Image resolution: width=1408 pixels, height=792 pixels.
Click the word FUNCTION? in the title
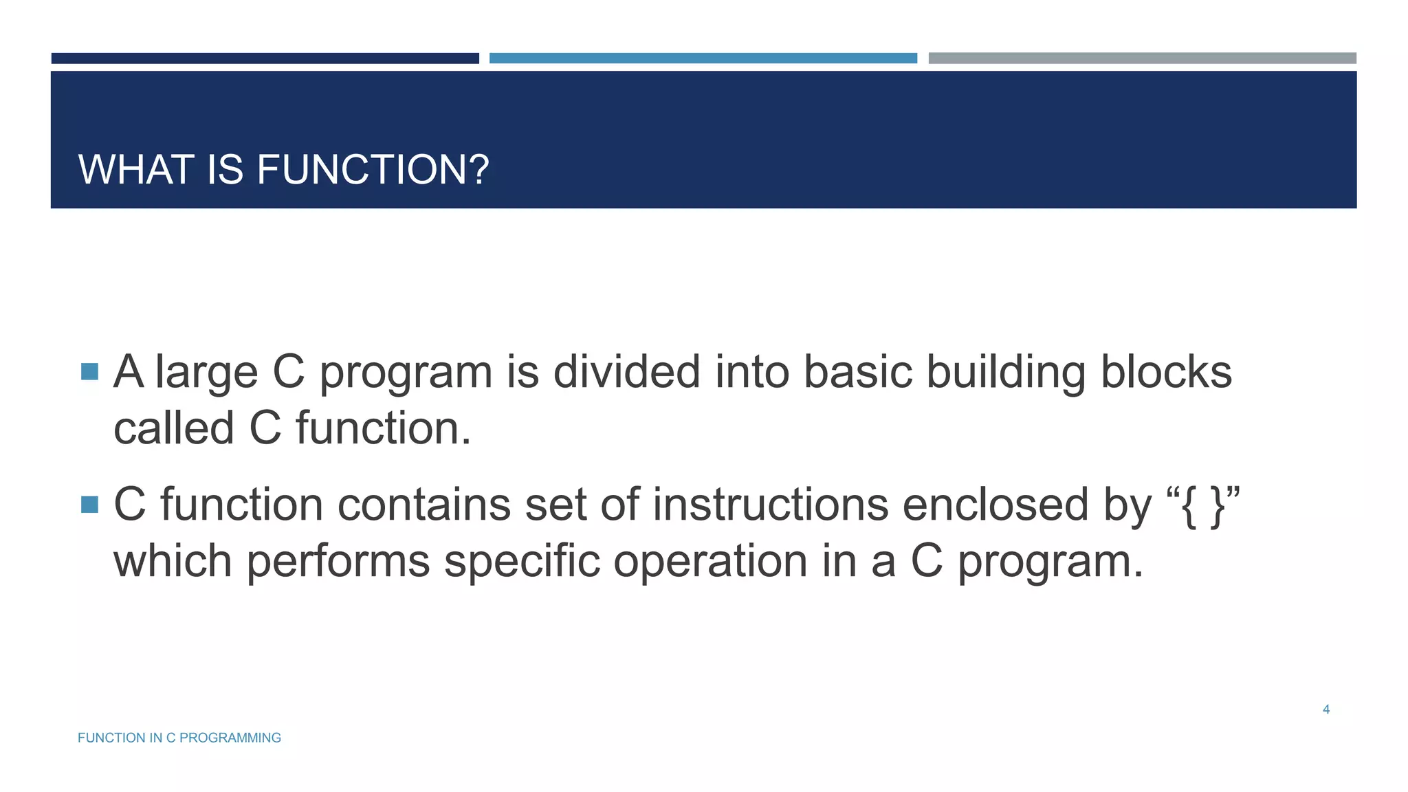click(373, 170)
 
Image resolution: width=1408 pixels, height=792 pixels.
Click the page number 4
click(1326, 709)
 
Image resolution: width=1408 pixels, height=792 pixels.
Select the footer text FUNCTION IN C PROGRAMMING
click(179, 738)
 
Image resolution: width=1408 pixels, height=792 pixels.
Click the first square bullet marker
click(90, 372)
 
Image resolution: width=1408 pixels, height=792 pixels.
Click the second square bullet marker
click(90, 505)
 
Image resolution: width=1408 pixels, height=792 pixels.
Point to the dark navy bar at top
click(265, 58)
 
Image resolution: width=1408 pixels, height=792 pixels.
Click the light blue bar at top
click(703, 58)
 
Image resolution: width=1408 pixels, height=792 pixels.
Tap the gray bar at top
click(1142, 58)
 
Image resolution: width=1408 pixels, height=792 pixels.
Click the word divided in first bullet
click(627, 372)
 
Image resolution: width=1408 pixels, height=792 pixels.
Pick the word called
click(174, 428)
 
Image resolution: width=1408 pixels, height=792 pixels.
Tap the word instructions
click(770, 505)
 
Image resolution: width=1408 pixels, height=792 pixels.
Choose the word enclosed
click(995, 505)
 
